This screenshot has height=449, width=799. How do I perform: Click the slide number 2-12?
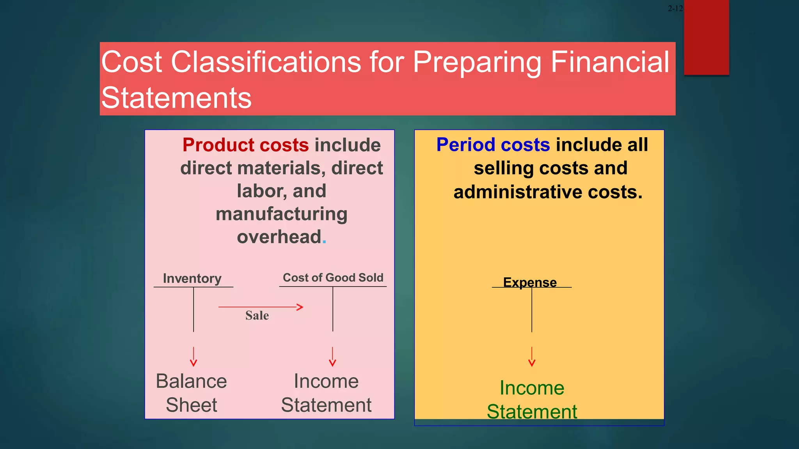tap(675, 9)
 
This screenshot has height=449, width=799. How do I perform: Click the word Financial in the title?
tap(610, 62)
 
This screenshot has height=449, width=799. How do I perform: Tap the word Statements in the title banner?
tap(176, 98)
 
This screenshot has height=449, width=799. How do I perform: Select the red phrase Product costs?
tap(245, 145)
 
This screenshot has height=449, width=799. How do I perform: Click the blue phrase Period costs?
tap(493, 145)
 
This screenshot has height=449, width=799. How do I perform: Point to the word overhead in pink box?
tap(279, 237)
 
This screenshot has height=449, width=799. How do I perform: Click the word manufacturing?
tap(281, 214)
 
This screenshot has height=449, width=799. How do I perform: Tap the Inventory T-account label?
tap(192, 278)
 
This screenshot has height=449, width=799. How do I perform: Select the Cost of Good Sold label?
tap(333, 278)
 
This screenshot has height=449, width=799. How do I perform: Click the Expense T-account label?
tap(529, 282)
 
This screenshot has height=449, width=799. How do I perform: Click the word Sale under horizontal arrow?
tap(257, 315)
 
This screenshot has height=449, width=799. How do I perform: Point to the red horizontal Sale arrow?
tap(261, 307)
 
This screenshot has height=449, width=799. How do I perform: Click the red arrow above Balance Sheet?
tap(194, 357)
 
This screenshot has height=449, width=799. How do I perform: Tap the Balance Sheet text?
tap(191, 393)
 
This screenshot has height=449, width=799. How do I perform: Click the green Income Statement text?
tap(532, 400)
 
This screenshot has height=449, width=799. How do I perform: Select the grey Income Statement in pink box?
tap(326, 393)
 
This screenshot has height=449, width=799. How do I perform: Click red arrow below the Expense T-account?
tap(532, 357)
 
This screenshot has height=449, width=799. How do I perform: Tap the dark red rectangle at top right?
tap(706, 37)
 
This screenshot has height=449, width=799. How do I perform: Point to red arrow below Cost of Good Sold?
tap(332, 357)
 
